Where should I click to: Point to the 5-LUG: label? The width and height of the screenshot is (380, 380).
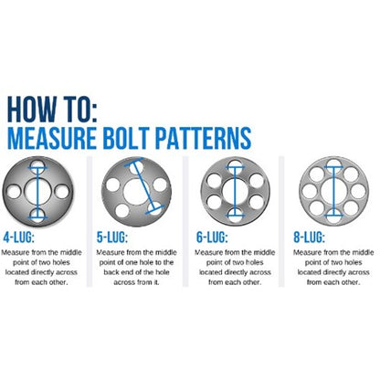[x=113, y=237]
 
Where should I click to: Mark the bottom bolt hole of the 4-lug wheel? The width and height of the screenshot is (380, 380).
[x=38, y=214]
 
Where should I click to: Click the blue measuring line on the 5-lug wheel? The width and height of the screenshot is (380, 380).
[x=138, y=190]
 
